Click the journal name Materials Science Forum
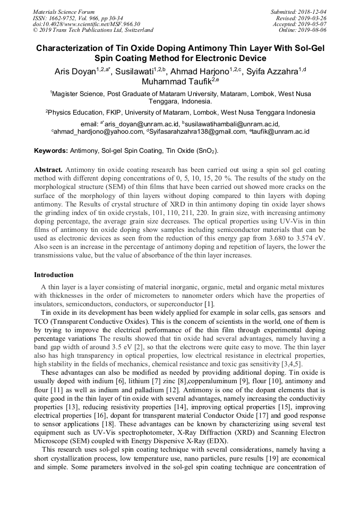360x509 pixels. (64, 12)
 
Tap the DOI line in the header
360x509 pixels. (86, 24)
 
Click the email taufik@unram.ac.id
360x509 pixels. (279, 131)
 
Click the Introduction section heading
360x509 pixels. (54, 275)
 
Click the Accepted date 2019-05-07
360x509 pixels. (309, 24)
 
